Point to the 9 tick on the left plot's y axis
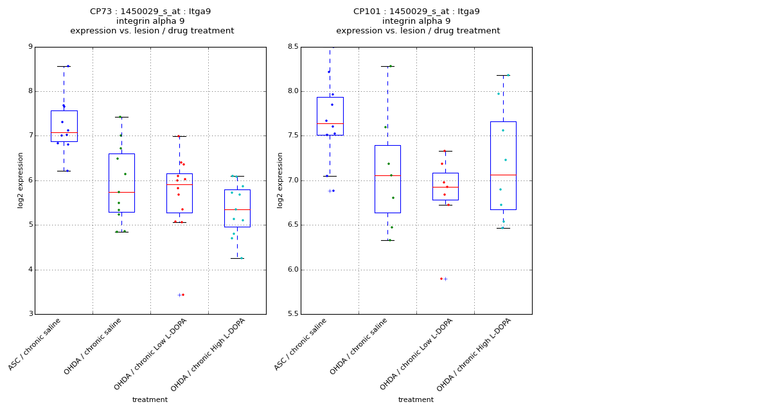tap(30, 47)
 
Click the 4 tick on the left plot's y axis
tap(30, 270)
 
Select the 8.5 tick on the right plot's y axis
tap(292, 47)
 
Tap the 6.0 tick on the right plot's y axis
tap(292, 270)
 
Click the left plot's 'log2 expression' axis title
tap(21, 180)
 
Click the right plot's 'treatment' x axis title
tap(416, 400)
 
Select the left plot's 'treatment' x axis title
tap(150, 400)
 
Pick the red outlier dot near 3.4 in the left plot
tap(183, 295)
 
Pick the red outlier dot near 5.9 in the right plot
tap(441, 279)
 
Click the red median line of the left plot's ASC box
tap(64, 132)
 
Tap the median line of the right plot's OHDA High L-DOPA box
tap(503, 175)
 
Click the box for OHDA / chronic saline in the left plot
tap(121, 183)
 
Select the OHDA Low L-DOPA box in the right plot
tap(445, 186)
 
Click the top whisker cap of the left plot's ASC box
tap(64, 66)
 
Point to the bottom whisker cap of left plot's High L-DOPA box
tap(237, 258)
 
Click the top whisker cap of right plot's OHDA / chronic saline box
tap(387, 66)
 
